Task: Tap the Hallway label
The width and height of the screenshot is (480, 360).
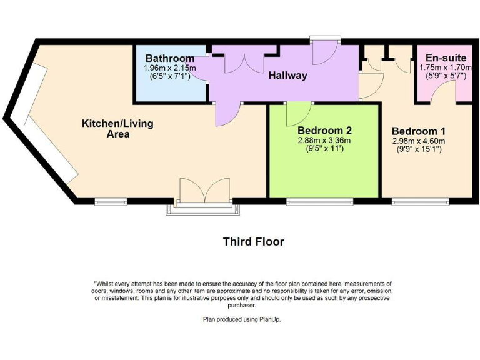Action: click(287, 76)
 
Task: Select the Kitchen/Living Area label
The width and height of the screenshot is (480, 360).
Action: click(117, 128)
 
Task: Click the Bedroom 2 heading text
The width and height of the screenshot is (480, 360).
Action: click(324, 130)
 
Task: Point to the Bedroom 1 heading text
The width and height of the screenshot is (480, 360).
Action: click(418, 131)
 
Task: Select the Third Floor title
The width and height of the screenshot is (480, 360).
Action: click(254, 241)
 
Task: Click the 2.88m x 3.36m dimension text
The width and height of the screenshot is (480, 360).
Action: click(324, 141)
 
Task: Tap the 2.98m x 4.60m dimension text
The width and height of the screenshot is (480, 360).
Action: click(418, 141)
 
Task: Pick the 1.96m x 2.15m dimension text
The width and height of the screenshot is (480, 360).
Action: click(170, 67)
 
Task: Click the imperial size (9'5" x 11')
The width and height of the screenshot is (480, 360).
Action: click(324, 149)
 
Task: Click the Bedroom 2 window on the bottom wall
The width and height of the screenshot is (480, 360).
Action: click(319, 201)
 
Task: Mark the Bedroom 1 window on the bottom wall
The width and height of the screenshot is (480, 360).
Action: click(421, 201)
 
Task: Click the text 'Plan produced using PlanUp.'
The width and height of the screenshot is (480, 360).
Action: click(246, 319)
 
